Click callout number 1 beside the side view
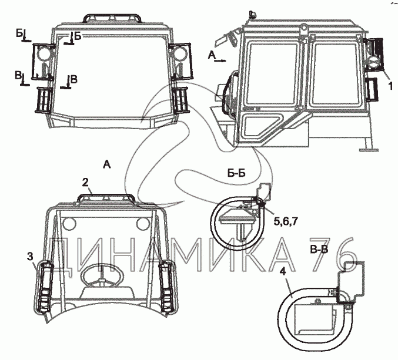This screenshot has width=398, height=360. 390,86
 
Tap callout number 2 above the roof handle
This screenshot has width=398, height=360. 85,182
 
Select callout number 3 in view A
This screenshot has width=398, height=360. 30,257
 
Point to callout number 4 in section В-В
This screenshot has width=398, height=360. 283,272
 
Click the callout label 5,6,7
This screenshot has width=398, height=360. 285,221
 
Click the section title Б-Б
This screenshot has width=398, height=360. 236,173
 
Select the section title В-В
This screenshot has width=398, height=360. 319,250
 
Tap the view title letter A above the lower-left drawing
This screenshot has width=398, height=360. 107,164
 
